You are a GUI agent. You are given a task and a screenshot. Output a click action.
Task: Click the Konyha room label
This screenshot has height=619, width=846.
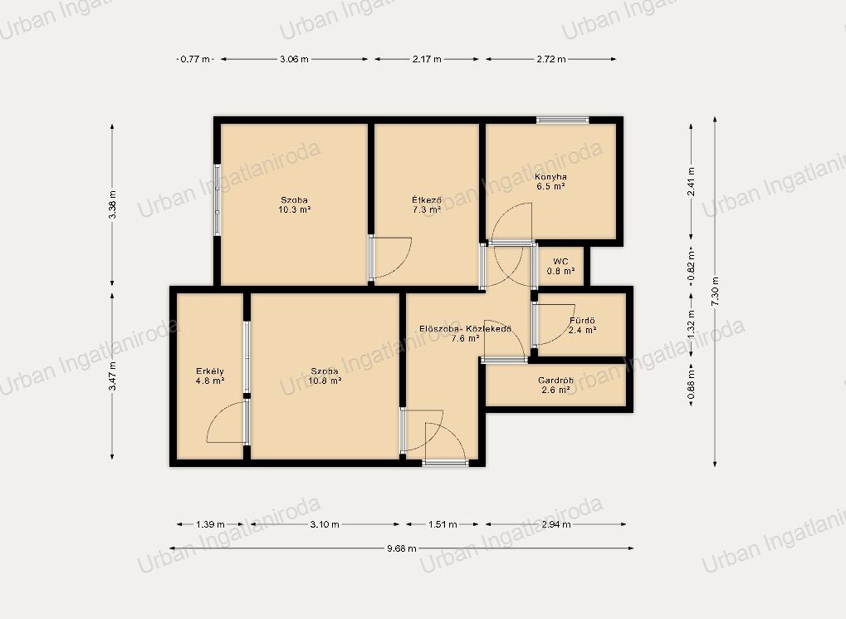[x=550, y=177]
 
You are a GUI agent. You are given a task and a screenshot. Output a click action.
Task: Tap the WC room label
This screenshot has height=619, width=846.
[x=560, y=262]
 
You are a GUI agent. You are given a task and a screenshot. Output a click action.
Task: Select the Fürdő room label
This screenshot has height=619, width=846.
[x=582, y=321]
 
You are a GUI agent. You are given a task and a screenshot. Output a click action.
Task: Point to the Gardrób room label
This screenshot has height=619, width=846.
[x=555, y=381]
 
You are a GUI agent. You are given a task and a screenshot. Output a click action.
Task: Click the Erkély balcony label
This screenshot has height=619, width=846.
[x=210, y=371]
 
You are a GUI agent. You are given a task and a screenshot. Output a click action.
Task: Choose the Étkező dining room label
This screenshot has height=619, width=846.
[x=427, y=200]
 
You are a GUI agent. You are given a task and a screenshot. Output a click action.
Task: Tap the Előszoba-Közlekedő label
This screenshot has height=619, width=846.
[x=465, y=328]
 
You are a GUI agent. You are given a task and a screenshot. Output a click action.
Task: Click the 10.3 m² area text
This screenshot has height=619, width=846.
[x=294, y=209]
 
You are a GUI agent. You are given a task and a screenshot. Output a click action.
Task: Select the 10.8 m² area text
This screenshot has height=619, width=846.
[x=325, y=381]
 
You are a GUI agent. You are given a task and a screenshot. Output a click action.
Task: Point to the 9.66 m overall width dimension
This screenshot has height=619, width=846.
[x=402, y=548]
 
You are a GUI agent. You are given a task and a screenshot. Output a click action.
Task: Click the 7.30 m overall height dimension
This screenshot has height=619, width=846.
[x=715, y=292]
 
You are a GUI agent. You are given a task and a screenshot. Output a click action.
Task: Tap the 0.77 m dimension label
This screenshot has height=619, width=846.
[x=195, y=59]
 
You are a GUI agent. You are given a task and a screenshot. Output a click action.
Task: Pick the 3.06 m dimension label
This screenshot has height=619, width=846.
[x=294, y=59]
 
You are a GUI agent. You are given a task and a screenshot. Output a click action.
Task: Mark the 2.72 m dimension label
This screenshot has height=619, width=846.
[x=551, y=59]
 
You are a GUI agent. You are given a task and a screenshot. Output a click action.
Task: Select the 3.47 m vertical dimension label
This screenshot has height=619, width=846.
[x=112, y=376]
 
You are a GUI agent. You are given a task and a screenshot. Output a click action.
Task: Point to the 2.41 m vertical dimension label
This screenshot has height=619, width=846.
[x=691, y=181]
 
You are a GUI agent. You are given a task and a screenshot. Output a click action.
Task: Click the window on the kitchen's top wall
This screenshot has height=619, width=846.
[x=562, y=120]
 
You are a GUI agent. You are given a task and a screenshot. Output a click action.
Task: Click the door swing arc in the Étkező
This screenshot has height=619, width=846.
[x=400, y=265]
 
